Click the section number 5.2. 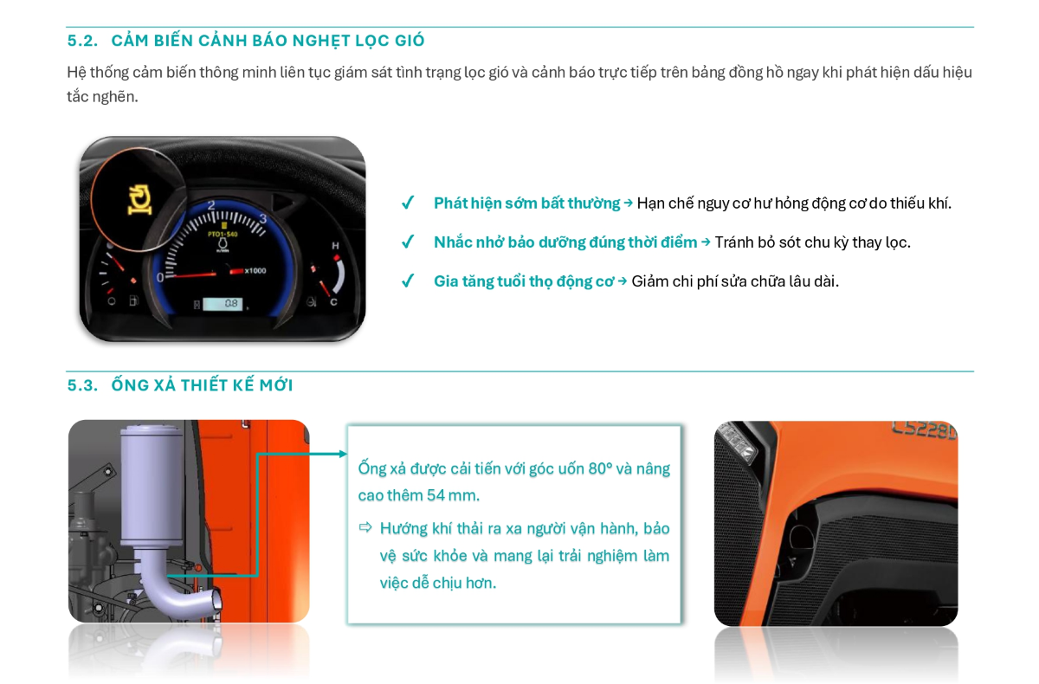82,41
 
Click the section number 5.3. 82,385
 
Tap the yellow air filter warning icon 139,200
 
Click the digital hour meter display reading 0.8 223,304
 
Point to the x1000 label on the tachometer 255,271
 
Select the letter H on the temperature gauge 335,245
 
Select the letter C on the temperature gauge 333,302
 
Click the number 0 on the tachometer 160,278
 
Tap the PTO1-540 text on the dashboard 223,234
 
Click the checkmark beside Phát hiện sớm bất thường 408,203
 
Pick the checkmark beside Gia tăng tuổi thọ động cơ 408,281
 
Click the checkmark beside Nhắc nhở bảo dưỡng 408,242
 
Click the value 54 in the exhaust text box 436,495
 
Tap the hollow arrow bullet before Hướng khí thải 365,527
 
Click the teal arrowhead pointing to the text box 343,454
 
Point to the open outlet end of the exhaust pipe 216,602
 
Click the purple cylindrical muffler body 152,485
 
